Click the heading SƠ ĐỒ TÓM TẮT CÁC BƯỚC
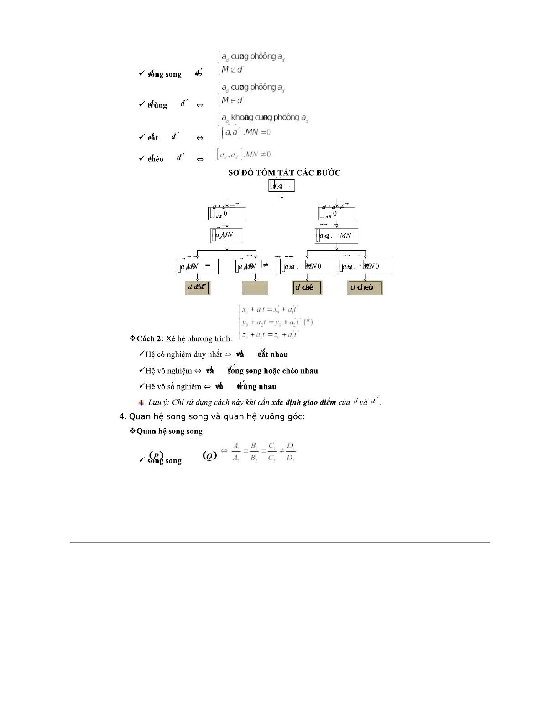pyautogui.click(x=284, y=172)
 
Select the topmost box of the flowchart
pyautogui.click(x=282, y=186)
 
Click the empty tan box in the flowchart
pyautogui.click(x=255, y=288)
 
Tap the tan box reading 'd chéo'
pyautogui.click(x=365, y=287)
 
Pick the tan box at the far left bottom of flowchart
pyautogui.click(x=198, y=287)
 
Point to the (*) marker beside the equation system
pyautogui.click(x=308, y=322)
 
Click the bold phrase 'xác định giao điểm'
pyautogui.click(x=303, y=402)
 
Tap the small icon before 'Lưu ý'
pyautogui.click(x=141, y=402)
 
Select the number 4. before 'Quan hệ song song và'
pyautogui.click(x=122, y=416)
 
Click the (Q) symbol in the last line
pyautogui.click(x=209, y=455)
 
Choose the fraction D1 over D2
pyautogui.click(x=290, y=452)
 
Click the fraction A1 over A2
pyautogui.click(x=236, y=452)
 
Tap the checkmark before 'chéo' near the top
pyautogui.click(x=141, y=158)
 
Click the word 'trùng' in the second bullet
pyautogui.click(x=158, y=105)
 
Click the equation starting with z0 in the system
pyautogui.click(x=270, y=335)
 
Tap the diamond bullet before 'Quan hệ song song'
pyautogui.click(x=133, y=431)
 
